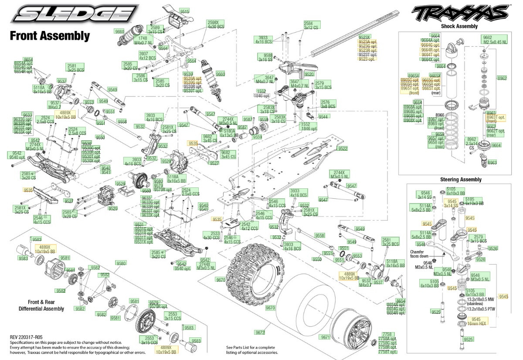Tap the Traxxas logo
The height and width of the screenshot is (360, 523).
(x=459, y=13)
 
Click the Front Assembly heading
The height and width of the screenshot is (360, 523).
(x=50, y=36)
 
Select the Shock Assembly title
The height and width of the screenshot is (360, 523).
(x=459, y=26)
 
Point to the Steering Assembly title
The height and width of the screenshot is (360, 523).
(x=461, y=180)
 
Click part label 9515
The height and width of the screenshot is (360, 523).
(x=184, y=11)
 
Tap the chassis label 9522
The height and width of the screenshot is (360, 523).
(x=343, y=149)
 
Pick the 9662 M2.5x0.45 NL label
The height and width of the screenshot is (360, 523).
(x=495, y=40)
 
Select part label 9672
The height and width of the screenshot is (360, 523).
(x=261, y=333)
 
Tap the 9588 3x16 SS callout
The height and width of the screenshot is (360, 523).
(x=265, y=58)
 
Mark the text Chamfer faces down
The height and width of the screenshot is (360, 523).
(x=419, y=254)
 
